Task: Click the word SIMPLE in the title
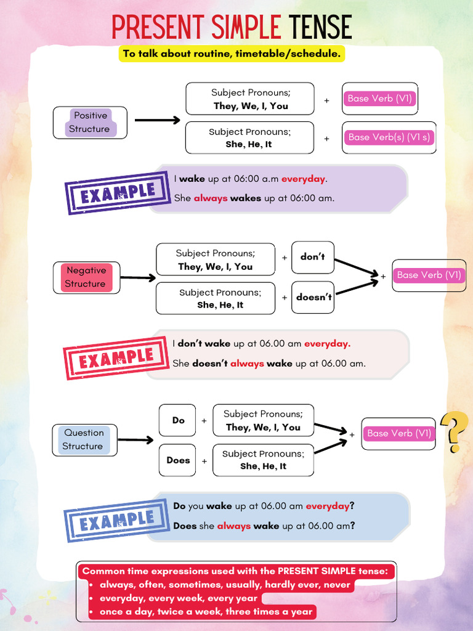click(x=246, y=28)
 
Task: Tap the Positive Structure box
click(x=90, y=122)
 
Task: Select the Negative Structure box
click(x=86, y=277)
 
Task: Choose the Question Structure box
click(x=84, y=439)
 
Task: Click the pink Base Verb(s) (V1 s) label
click(x=389, y=137)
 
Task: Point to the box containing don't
click(x=313, y=257)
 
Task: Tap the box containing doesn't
click(x=313, y=297)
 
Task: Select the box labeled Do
click(x=178, y=420)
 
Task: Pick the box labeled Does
click(x=178, y=460)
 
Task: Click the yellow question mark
click(x=455, y=431)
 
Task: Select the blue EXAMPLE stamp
click(x=117, y=521)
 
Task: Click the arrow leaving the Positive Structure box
click(x=157, y=120)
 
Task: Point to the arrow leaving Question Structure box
click(x=135, y=440)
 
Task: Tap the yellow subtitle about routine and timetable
click(x=232, y=54)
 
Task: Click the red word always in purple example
click(x=211, y=198)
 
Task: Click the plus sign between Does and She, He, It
click(x=204, y=461)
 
